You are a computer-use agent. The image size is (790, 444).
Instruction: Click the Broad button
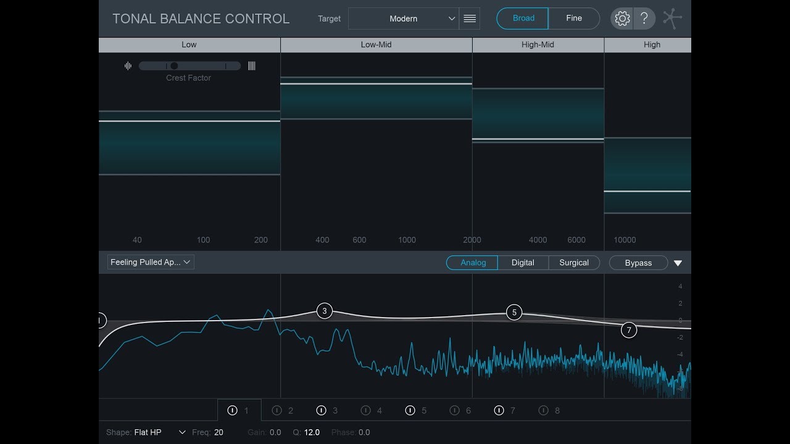coord(523,18)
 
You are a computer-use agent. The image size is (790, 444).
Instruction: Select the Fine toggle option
coord(574,18)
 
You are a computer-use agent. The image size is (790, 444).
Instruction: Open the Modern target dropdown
coord(404,18)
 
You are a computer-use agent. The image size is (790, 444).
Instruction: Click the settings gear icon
coord(622,18)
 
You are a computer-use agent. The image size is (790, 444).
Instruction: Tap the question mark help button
coord(644,18)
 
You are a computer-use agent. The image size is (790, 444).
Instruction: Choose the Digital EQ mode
coord(523,263)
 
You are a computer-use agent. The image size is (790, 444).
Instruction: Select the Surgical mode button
coord(574,263)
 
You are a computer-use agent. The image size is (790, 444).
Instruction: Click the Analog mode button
coord(473,263)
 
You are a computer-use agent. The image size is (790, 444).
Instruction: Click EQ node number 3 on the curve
coord(325,311)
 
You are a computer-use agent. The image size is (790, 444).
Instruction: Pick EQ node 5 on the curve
coord(514,313)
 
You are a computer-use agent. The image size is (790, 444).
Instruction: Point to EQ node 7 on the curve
coord(629,330)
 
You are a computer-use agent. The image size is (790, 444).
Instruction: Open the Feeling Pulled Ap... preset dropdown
coord(151,262)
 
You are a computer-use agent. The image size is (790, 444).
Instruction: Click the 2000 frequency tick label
coord(472,240)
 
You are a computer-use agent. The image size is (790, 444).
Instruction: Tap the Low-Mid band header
coord(376,44)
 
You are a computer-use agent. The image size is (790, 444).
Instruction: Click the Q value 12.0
coord(312,432)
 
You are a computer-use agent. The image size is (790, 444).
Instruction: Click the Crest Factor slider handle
coord(174,66)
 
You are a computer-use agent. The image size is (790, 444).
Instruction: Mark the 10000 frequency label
coord(625,240)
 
